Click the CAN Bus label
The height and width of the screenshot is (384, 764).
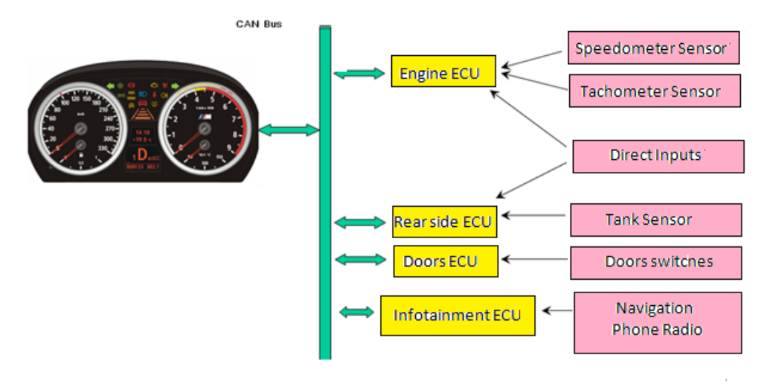(x=259, y=24)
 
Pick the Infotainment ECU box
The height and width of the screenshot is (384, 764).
(x=458, y=315)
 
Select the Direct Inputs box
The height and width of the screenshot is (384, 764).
(x=658, y=156)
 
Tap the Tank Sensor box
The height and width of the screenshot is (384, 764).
(x=655, y=220)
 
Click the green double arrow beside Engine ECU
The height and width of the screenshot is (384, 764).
(x=359, y=73)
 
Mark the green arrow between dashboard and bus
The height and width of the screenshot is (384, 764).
(x=289, y=131)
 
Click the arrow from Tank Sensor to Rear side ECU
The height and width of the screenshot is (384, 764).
(x=534, y=217)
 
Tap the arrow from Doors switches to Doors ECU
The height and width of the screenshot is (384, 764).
(x=535, y=260)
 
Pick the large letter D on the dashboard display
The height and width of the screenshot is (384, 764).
(x=141, y=157)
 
